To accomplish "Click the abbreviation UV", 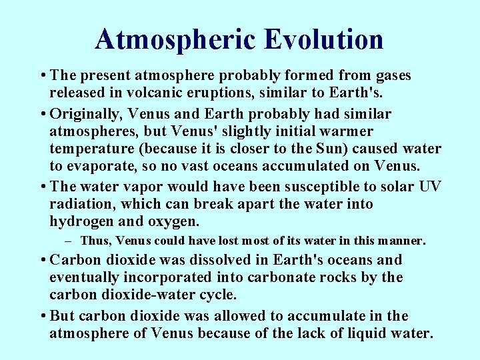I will pos(430,187).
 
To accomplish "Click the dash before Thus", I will pos(69,240).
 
